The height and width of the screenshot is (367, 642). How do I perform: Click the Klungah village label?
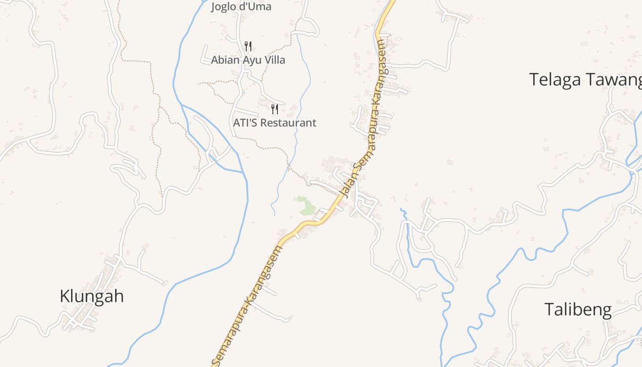point(92,296)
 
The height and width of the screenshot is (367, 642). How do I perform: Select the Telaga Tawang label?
point(586,80)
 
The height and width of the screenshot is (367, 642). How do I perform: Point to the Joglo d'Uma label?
point(241,6)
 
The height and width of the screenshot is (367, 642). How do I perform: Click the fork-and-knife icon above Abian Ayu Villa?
point(248,46)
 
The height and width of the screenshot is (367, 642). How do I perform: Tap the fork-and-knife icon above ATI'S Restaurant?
point(275,109)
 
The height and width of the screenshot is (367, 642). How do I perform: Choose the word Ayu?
point(249,60)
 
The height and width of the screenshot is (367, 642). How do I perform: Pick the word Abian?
point(225,60)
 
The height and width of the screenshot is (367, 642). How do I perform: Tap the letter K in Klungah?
point(65,296)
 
